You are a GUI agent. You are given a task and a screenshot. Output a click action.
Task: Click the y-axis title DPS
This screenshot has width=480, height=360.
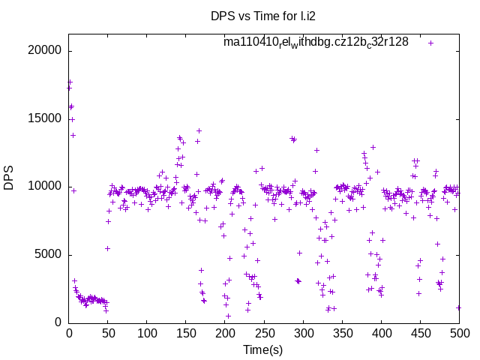(x=9, y=178)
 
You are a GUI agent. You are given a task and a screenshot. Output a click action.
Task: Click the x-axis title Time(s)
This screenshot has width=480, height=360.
(x=263, y=350)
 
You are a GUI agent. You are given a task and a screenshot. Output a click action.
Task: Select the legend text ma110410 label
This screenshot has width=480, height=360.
(x=316, y=42)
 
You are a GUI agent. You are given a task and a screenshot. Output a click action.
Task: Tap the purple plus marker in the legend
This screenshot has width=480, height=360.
(x=431, y=43)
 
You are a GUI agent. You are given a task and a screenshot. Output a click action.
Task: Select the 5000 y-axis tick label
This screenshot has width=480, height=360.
(x=48, y=254)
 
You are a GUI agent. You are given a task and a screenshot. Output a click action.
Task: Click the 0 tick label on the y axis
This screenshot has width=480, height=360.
(x=58, y=322)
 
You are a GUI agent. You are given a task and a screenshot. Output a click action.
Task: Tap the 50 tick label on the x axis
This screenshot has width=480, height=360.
(x=108, y=334)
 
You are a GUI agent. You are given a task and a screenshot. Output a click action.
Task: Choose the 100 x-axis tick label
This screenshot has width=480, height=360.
(x=147, y=334)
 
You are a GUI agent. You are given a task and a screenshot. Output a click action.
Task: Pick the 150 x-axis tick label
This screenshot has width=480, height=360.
(x=186, y=334)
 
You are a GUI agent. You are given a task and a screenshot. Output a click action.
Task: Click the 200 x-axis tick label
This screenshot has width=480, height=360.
(x=225, y=334)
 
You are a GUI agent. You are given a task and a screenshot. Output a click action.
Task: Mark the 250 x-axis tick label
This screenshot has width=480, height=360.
(x=264, y=334)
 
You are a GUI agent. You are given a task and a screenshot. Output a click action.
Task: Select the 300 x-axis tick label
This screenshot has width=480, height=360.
(x=303, y=334)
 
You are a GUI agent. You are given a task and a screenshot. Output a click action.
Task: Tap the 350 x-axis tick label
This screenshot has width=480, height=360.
(x=342, y=334)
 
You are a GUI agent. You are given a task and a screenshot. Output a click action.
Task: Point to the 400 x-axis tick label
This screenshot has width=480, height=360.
(x=381, y=334)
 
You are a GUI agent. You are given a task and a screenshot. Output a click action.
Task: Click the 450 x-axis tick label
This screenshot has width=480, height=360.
(x=420, y=334)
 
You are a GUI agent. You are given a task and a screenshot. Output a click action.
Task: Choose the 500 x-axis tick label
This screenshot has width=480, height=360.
(x=459, y=334)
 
